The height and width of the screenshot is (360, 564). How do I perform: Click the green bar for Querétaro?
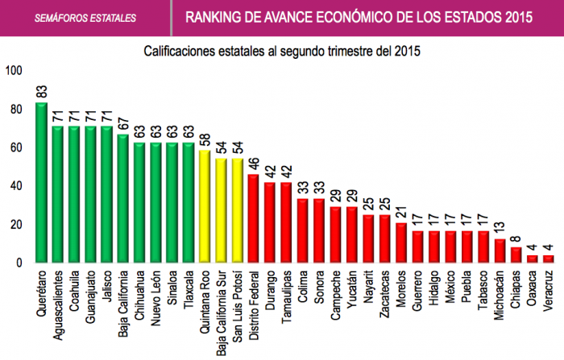pyautogui.click(x=42, y=184)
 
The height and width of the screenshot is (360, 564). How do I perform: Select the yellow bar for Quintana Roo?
pyautogui.click(x=205, y=207)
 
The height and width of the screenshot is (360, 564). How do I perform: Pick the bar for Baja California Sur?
pyautogui.click(x=222, y=211)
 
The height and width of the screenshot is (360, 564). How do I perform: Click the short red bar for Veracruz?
pyautogui.click(x=549, y=259)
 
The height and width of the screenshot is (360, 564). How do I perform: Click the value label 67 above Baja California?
pyautogui.click(x=123, y=122)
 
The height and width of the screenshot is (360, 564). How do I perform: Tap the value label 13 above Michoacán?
pyautogui.click(x=500, y=227)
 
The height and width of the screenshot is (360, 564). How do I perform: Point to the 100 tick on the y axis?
pyautogui.click(x=14, y=71)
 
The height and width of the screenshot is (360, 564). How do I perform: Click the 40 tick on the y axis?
pyautogui.click(x=17, y=186)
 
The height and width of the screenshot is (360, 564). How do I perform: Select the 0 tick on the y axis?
pyautogui.click(x=20, y=263)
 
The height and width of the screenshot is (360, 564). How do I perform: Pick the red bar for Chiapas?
pyautogui.click(x=516, y=255)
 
